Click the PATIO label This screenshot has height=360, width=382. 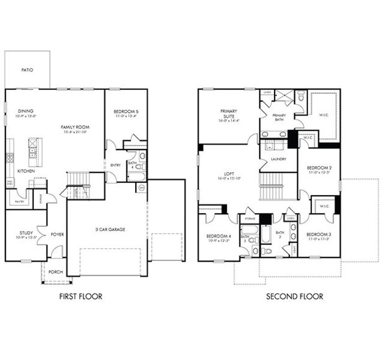[27, 70]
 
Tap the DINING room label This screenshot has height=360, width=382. [25, 111]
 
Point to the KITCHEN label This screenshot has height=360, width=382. [25, 171]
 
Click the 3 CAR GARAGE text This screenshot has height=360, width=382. [109, 229]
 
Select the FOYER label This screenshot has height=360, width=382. [57, 235]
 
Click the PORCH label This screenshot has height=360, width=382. [56, 272]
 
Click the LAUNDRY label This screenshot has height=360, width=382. [278, 159]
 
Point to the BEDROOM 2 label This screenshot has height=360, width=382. [319, 167]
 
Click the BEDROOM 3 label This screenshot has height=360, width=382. [318, 235]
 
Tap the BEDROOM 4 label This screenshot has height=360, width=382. [218, 236]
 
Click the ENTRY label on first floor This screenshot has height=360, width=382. [115, 165]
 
